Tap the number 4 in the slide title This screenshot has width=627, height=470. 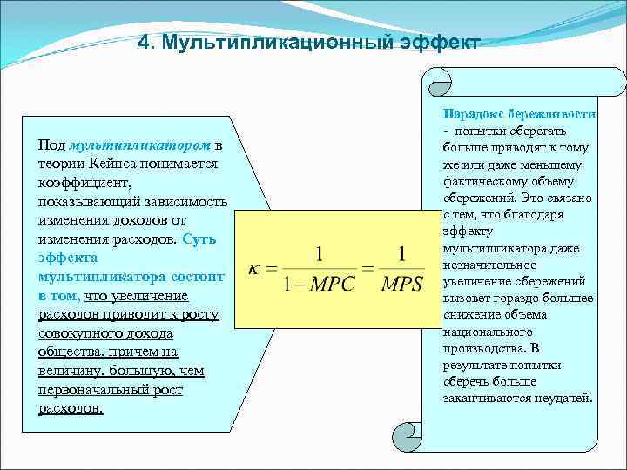click(x=145, y=43)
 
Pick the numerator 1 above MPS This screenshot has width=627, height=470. click(x=401, y=254)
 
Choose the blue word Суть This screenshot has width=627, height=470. click(x=199, y=239)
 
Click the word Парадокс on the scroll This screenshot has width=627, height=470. click(x=471, y=114)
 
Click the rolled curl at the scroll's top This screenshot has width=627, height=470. click(x=438, y=83)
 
